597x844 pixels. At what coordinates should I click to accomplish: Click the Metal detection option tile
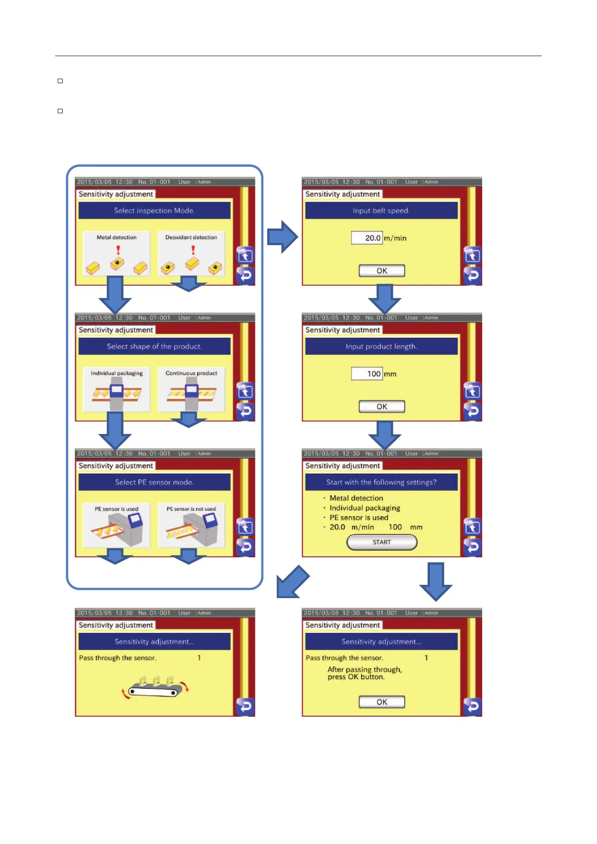116,254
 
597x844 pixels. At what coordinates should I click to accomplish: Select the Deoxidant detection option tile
191,254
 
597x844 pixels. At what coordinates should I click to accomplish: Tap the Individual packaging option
116,389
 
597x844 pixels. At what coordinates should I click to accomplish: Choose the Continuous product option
191,389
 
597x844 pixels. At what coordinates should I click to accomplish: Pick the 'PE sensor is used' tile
116,525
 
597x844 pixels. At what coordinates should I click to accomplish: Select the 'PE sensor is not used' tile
191,525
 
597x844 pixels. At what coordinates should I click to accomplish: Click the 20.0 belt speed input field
367,238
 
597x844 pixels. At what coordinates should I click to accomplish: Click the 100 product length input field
367,373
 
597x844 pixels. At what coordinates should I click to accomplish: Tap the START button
382,542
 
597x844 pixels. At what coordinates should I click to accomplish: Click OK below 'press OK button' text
382,702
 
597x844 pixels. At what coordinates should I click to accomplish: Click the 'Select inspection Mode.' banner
155,210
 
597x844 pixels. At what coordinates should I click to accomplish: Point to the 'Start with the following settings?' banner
381,482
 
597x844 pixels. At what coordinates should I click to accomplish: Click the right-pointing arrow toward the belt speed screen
282,237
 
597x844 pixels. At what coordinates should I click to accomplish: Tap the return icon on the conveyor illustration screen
245,706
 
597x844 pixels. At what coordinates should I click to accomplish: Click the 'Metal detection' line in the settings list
356,498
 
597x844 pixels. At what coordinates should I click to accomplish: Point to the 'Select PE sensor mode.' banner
155,482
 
